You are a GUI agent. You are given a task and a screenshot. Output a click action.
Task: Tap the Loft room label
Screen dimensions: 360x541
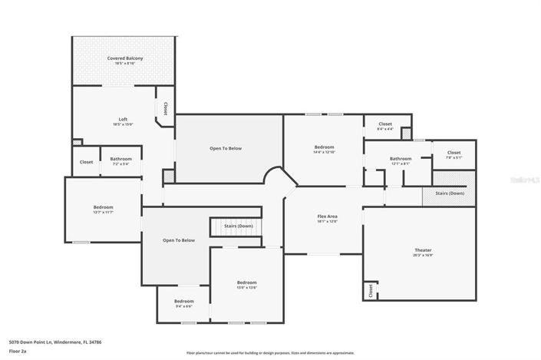point(123,119)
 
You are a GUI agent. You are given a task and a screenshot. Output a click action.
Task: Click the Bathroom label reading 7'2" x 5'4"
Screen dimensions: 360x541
point(121,159)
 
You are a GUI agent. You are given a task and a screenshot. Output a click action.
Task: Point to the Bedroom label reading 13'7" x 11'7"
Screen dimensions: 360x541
point(103,207)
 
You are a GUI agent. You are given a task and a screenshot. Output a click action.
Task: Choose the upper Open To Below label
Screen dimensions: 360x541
point(226,148)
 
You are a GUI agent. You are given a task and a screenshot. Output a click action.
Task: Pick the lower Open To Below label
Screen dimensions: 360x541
point(178,240)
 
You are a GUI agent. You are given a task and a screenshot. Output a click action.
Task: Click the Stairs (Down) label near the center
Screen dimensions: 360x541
point(239,226)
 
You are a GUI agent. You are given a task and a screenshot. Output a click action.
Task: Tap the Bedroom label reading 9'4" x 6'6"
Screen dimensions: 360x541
point(183,301)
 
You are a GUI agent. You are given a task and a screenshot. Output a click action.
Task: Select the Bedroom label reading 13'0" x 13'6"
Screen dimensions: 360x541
point(246,282)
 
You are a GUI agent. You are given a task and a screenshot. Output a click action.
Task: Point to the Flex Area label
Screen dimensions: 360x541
point(328,216)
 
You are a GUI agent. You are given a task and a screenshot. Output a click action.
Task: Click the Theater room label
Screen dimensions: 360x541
point(423,250)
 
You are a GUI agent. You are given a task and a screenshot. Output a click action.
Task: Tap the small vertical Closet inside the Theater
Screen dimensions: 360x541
point(370,291)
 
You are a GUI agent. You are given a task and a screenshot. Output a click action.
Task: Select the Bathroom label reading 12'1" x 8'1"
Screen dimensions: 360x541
point(401,159)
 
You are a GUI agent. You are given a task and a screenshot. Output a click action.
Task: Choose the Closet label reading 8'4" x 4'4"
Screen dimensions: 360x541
point(385,124)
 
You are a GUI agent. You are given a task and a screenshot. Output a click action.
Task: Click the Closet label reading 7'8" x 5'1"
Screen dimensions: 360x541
point(454,153)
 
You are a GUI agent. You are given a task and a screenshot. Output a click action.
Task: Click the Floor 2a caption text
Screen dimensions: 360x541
point(18,350)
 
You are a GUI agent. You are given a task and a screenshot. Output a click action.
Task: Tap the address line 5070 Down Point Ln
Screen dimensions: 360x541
point(54,342)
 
